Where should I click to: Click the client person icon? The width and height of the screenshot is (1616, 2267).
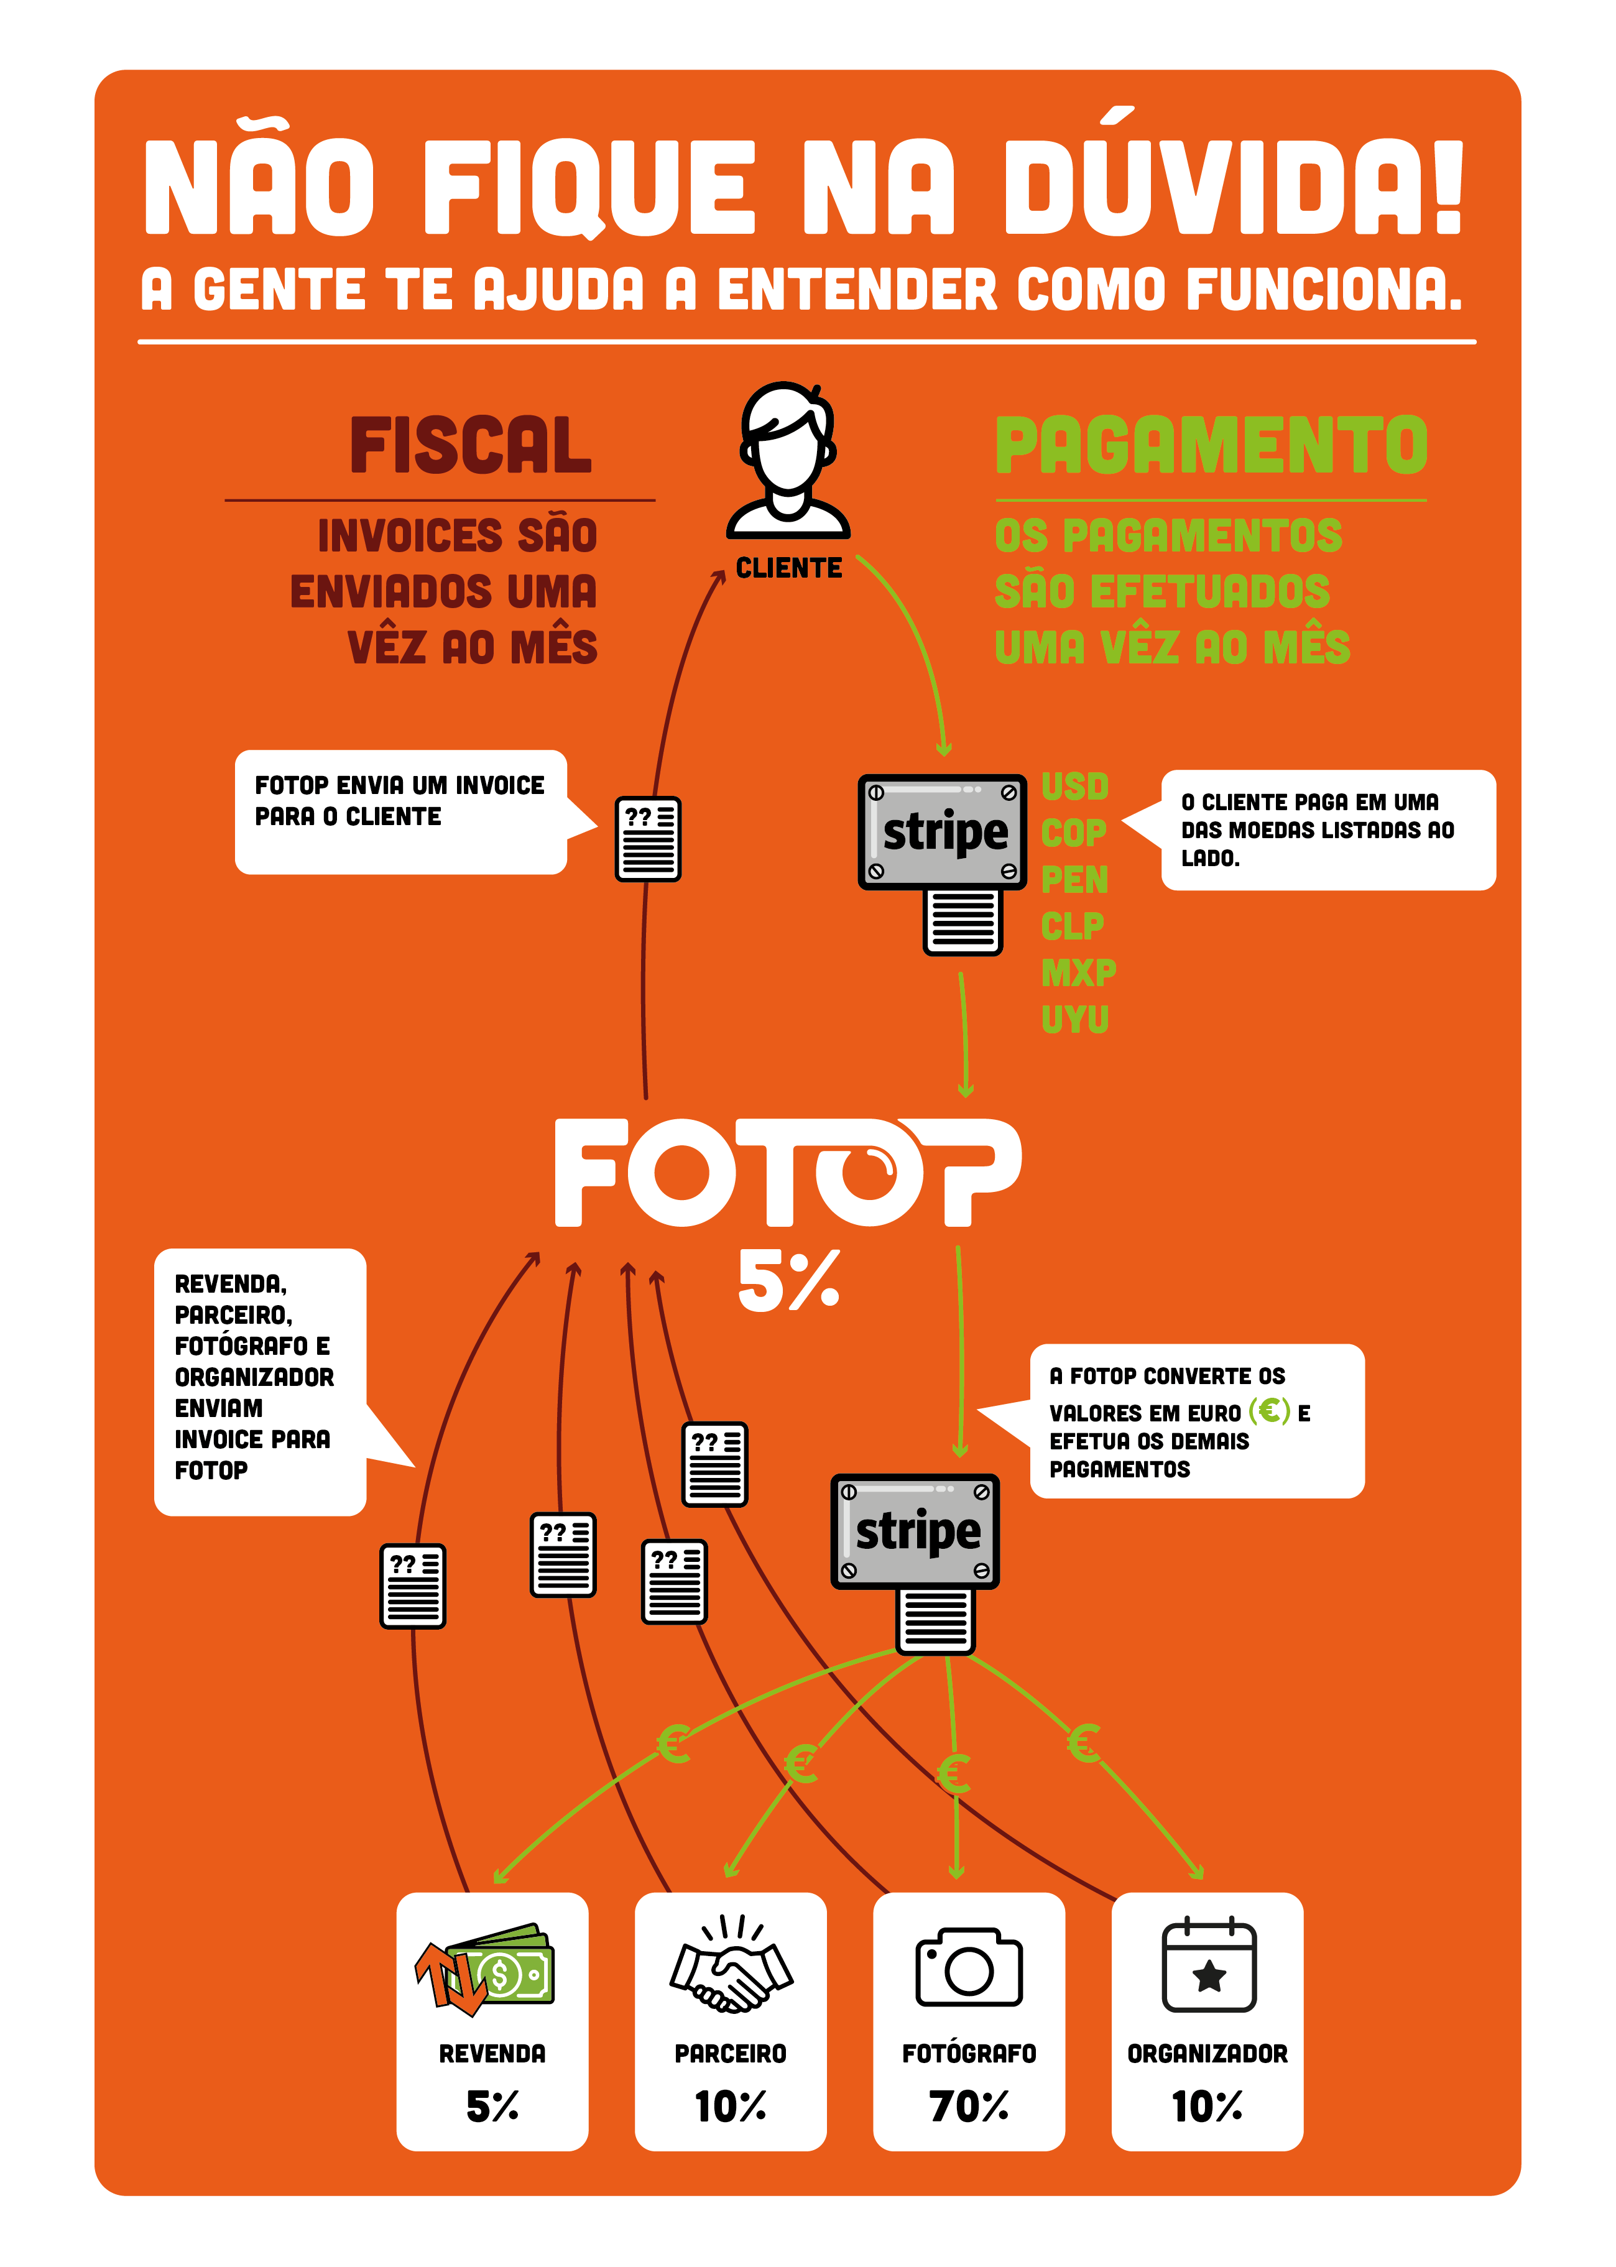(787, 459)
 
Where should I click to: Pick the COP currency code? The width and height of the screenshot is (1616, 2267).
(1074, 833)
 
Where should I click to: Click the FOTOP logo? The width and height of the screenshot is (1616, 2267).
(787, 1171)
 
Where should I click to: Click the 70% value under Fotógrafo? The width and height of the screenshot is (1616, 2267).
(969, 2106)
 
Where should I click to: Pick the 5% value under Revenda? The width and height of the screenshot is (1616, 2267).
(492, 2106)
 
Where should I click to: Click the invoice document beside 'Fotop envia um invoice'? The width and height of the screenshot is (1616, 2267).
(648, 839)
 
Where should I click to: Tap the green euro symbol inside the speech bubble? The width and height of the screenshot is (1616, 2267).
(1268, 1410)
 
